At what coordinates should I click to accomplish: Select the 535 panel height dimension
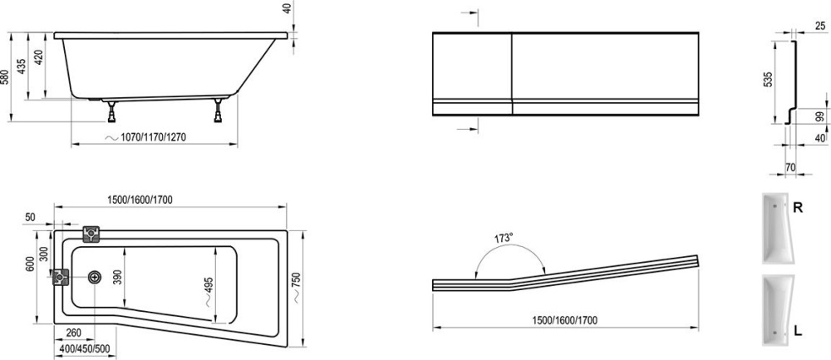pyautogui.click(x=769, y=79)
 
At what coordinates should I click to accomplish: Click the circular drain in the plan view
pyautogui.click(x=95, y=277)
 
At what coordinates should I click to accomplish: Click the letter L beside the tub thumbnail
pyautogui.click(x=798, y=331)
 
